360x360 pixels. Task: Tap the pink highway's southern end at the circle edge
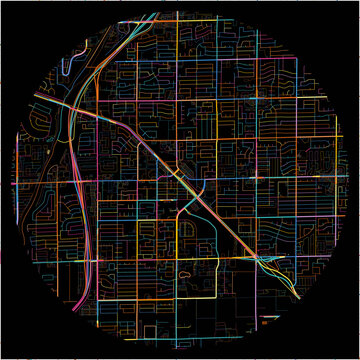click(x=77, y=305)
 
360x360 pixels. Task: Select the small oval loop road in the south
click(x=185, y=271)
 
